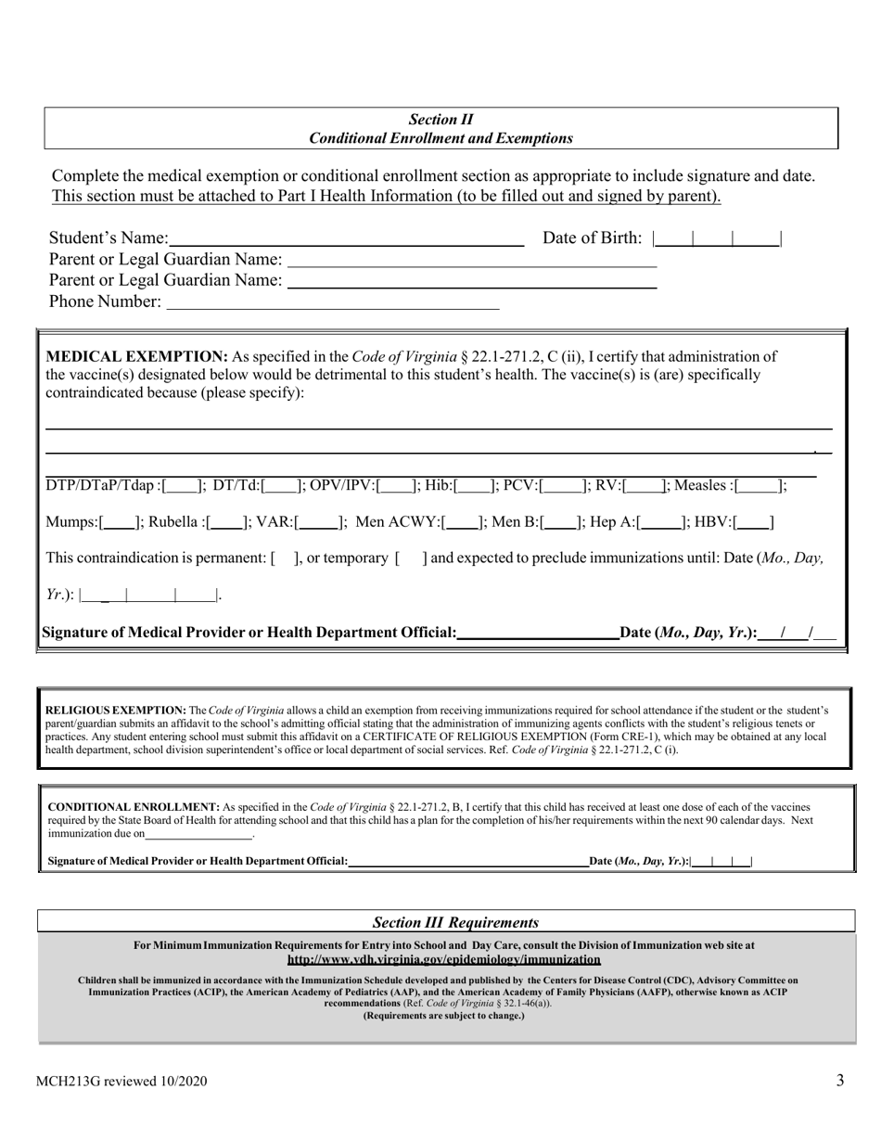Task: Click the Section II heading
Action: (x=440, y=120)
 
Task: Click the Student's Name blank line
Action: (x=346, y=239)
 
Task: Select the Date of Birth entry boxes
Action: (x=717, y=239)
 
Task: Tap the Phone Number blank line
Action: (x=331, y=301)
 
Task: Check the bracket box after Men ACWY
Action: (x=466, y=522)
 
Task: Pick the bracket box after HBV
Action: (x=755, y=522)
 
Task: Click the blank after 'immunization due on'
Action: (x=199, y=834)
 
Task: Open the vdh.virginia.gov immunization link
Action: (x=443, y=959)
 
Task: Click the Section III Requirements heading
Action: (x=454, y=923)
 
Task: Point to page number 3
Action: (x=839, y=1080)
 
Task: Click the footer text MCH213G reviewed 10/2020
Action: (x=121, y=1081)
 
